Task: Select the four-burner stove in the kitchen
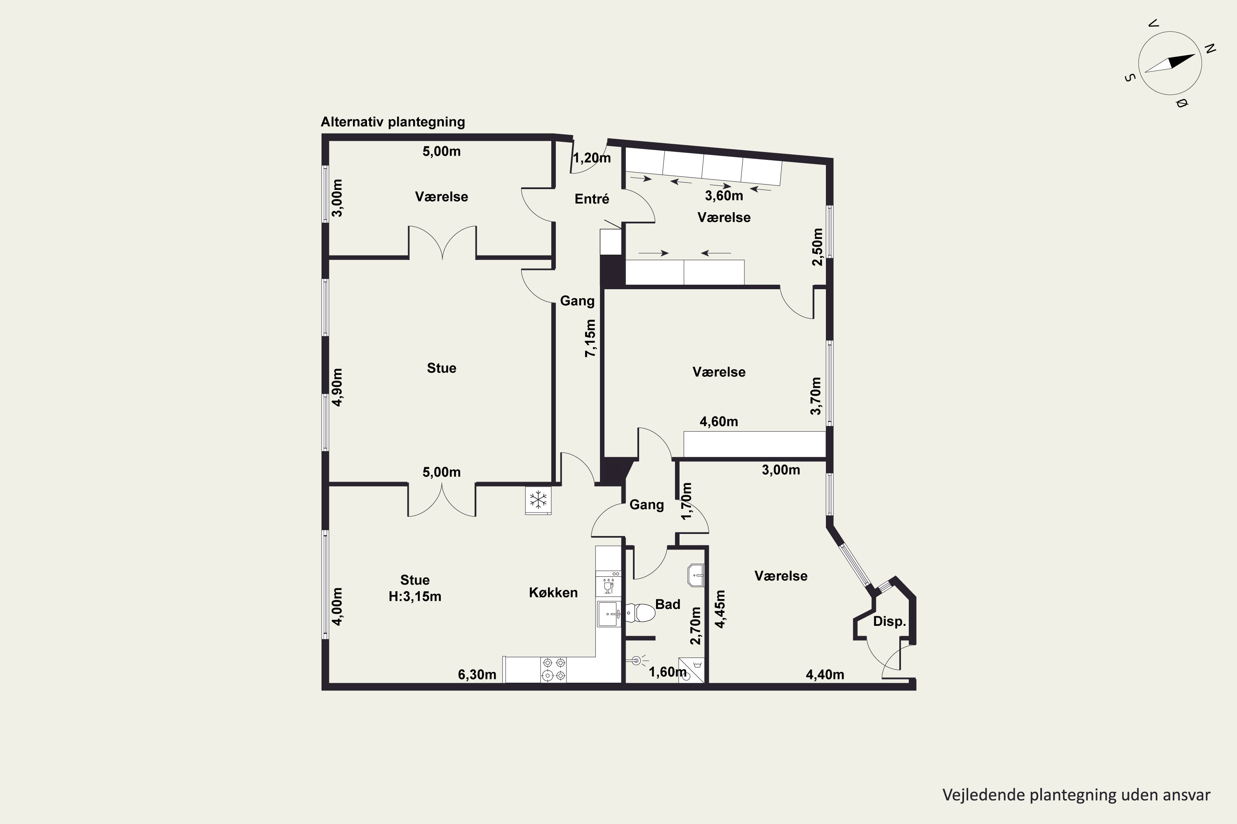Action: point(554,669)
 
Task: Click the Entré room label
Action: point(592,199)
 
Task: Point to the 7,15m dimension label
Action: point(590,338)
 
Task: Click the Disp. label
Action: point(889,621)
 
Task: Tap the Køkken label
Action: point(553,592)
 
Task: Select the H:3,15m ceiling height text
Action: point(415,597)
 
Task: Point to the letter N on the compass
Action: point(1210,49)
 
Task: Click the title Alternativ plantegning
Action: point(393,122)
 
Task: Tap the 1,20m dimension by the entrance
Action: point(592,158)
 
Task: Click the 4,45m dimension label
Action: point(720,609)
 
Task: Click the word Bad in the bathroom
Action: point(668,604)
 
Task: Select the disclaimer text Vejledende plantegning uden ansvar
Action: point(1076,795)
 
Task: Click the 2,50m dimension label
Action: point(817,246)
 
